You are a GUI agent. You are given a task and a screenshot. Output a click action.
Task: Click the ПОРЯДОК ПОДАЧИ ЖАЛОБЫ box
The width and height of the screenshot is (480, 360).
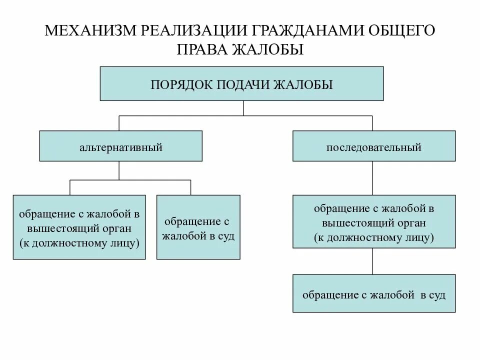click(242, 83)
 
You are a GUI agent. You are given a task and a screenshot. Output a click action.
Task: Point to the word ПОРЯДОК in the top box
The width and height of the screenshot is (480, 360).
click(180, 84)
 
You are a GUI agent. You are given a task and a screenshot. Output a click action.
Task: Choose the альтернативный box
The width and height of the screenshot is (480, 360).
click(121, 146)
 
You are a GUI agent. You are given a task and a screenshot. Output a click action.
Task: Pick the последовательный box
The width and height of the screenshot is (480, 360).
click(374, 146)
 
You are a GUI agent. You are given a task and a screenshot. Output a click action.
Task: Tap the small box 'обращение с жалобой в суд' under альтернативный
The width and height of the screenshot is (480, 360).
click(198, 227)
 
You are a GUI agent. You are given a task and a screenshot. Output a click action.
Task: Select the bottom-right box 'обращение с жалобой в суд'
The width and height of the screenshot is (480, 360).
click(374, 293)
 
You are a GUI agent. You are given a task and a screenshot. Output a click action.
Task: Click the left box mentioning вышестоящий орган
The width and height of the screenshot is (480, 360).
click(79, 227)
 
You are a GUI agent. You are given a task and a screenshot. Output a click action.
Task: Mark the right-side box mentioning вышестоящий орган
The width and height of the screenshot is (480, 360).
click(374, 221)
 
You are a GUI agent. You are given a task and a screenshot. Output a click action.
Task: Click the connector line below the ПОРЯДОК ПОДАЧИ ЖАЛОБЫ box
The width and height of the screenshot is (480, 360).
click(243, 108)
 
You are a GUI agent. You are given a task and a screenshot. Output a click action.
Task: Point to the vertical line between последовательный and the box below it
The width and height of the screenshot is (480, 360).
click(372, 178)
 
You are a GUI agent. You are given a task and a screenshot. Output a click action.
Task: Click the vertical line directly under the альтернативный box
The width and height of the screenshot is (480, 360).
click(119, 170)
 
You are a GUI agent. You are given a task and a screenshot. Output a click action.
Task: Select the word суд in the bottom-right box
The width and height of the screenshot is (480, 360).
click(436, 294)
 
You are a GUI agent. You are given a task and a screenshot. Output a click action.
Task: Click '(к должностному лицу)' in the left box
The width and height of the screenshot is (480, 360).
click(79, 243)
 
